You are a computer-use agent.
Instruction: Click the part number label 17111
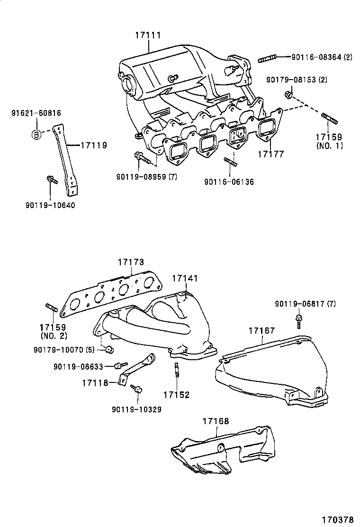click(x=148, y=35)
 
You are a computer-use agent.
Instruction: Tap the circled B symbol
click(x=36, y=135)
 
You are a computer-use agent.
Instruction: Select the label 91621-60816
click(x=36, y=113)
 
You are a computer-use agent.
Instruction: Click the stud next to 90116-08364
click(x=267, y=60)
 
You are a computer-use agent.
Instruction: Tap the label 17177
click(x=270, y=154)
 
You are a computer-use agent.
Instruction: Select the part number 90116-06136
click(x=229, y=182)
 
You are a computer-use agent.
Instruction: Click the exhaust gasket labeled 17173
click(x=111, y=294)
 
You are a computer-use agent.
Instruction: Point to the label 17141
click(x=185, y=278)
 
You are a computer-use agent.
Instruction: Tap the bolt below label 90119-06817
click(x=298, y=320)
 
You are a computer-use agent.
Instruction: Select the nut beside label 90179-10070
click(x=109, y=350)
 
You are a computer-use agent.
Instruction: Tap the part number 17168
click(x=216, y=421)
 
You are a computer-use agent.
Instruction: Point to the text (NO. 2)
click(x=54, y=336)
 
